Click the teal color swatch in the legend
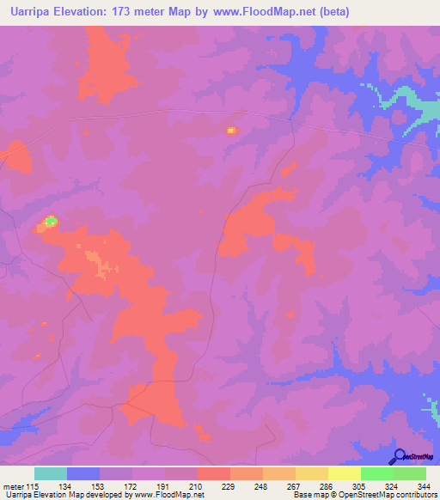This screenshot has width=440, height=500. [x=51, y=473]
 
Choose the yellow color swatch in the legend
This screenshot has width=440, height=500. [x=345, y=473]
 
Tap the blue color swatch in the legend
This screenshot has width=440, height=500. [x=83, y=473]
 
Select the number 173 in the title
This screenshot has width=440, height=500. [x=140, y=12]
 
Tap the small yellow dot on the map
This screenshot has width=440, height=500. [x=230, y=131]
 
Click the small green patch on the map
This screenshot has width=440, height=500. [x=50, y=223]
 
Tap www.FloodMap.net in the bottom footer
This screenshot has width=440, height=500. [x=169, y=494]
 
